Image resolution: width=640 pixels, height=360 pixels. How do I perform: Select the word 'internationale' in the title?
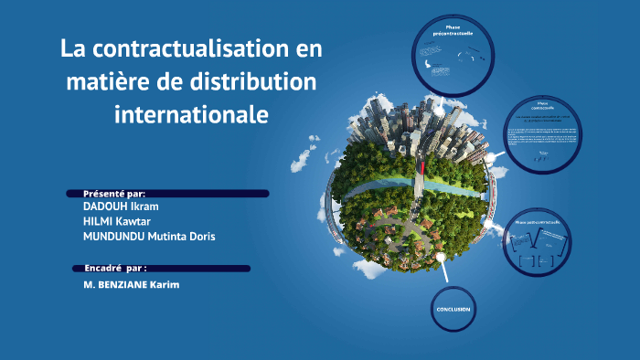(192, 116)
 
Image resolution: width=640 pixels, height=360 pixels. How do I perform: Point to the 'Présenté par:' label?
(114, 194)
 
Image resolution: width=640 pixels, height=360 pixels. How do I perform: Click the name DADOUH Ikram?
(121, 206)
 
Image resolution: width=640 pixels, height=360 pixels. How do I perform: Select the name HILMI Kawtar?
(117, 221)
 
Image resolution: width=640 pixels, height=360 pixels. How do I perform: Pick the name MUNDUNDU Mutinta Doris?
(149, 237)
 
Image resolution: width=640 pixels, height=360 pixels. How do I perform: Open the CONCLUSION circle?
(453, 309)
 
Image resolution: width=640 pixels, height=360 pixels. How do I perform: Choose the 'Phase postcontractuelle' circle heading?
(538, 222)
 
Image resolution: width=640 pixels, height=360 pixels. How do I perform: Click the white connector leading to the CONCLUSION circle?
(443, 269)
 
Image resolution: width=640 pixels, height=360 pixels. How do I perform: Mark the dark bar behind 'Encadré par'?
(201, 269)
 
